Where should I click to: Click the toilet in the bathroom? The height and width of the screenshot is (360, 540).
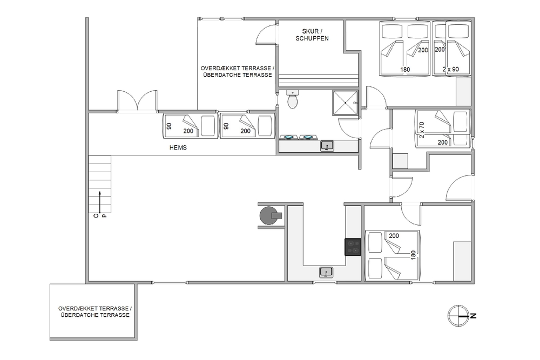tap(292, 99)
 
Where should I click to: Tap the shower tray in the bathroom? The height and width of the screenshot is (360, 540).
tap(345, 103)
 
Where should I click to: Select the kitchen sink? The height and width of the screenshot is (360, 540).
tap(326, 272)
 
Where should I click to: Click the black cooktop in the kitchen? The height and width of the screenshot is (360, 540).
tap(353, 247)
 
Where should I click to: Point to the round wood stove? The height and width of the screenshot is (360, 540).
tap(269, 215)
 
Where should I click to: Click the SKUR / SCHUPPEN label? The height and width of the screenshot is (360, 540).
tap(312, 35)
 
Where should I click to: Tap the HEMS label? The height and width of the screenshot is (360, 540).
tap(178, 148)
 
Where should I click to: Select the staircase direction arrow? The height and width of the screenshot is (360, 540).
tap(99, 202)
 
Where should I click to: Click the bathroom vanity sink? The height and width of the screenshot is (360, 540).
tap(327, 146)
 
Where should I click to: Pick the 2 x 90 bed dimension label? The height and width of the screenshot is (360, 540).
tap(451, 69)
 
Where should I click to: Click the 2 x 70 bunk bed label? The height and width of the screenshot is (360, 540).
tap(422, 130)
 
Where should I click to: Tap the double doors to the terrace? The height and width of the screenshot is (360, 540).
tap(137, 100)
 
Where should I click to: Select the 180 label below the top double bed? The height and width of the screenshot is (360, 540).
tap(405, 70)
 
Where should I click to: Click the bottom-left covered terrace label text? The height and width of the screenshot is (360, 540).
tap(94, 312)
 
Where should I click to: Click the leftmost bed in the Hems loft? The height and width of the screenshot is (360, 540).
tap(190, 126)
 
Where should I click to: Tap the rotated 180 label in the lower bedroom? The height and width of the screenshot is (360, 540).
tap(414, 255)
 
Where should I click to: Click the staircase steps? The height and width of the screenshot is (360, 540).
tap(100, 184)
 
